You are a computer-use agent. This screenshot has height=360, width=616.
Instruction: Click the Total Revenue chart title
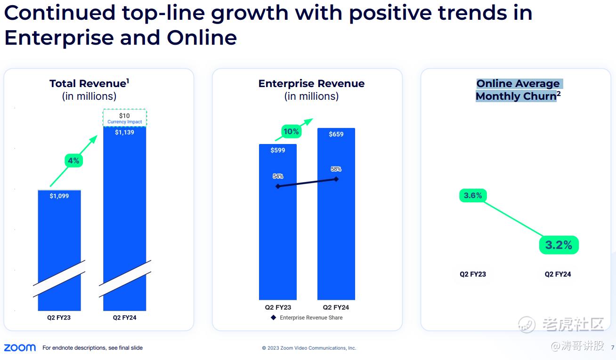click(x=89, y=84)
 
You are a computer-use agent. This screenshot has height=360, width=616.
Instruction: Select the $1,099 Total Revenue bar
click(x=59, y=235)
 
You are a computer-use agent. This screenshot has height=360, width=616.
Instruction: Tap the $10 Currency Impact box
click(x=125, y=118)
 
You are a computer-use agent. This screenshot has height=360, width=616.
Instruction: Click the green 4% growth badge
click(x=73, y=160)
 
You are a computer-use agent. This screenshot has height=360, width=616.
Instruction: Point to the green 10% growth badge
click(x=291, y=132)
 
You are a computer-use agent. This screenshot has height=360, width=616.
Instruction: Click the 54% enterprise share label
click(x=278, y=176)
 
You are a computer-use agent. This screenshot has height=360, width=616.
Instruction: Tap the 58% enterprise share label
click(x=336, y=169)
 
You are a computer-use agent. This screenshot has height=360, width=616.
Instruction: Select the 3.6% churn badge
click(x=473, y=195)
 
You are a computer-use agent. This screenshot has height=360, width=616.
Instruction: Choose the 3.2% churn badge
click(x=559, y=245)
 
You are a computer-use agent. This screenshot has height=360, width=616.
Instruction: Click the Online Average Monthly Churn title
click(x=518, y=90)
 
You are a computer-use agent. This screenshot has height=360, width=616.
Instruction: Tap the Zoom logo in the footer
click(x=20, y=348)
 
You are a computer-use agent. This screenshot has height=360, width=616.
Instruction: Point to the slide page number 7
click(x=612, y=348)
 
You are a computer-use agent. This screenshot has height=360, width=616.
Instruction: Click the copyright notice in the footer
click(x=309, y=348)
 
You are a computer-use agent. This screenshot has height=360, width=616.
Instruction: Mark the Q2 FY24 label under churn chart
click(x=558, y=274)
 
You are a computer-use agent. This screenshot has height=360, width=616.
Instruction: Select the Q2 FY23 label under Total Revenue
click(x=59, y=318)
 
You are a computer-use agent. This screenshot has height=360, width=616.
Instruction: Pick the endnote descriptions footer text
click(x=92, y=348)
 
